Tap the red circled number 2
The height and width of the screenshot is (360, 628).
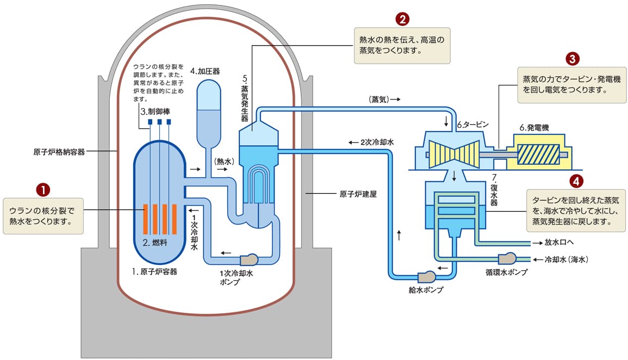402,20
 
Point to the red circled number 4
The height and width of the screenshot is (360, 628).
576,180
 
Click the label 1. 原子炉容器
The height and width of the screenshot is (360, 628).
158,271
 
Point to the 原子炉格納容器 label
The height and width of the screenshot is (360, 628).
59,152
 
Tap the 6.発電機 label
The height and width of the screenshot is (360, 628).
534,128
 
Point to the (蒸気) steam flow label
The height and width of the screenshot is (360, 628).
385,100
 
